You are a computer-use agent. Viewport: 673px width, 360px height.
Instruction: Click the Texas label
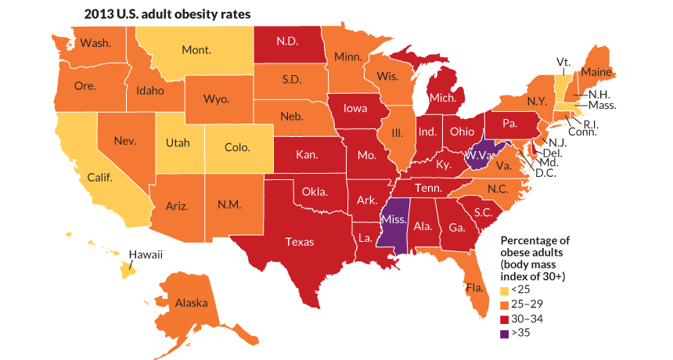[300, 242]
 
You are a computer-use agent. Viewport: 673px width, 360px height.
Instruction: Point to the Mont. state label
[196, 50]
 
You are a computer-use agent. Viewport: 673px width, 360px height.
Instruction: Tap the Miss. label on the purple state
[393, 220]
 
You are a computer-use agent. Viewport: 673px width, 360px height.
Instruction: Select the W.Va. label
[477, 155]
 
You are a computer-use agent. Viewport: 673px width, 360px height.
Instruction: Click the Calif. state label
[100, 178]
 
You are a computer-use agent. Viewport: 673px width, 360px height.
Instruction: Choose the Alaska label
[191, 303]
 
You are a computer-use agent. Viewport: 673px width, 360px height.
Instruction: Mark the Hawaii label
[145, 254]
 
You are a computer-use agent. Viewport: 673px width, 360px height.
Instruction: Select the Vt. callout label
[562, 60]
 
